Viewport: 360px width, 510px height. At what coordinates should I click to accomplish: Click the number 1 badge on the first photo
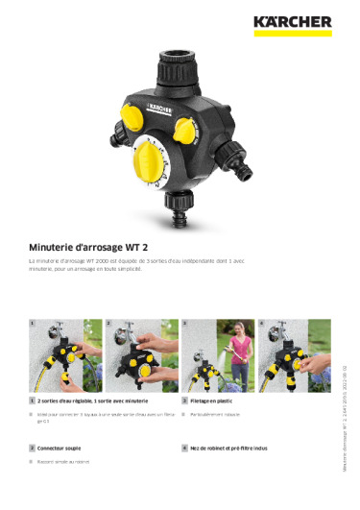click(33, 324)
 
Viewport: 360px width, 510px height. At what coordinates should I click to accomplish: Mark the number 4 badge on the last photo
click(261, 324)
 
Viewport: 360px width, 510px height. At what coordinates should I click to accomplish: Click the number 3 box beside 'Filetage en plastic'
click(184, 399)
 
